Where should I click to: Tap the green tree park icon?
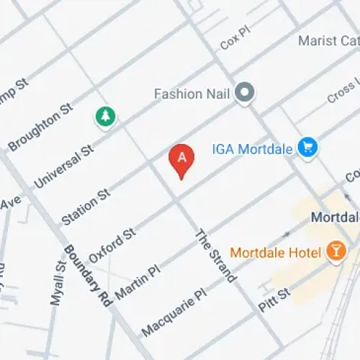click(x=105, y=115)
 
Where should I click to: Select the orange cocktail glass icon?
click(x=335, y=251)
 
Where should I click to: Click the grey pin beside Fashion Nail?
click(x=246, y=92)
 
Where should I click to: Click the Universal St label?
click(x=64, y=166)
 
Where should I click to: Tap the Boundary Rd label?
click(x=90, y=278)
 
